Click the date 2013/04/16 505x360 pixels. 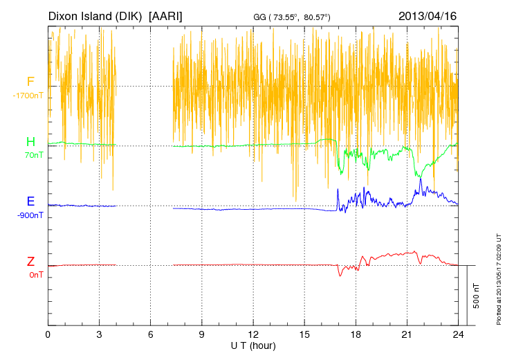[428, 15]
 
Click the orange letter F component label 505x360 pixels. [30, 82]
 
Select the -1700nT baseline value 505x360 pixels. [28, 96]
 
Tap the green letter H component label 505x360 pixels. [30, 142]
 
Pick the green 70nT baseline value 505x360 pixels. [32, 155]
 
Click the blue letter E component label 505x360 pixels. [30, 202]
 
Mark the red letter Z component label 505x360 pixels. [30, 262]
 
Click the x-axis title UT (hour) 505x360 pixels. [253, 345]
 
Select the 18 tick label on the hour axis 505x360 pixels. [356, 334]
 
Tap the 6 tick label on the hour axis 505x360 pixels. [150, 334]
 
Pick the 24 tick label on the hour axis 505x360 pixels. [457, 334]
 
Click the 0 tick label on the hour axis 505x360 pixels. [48, 334]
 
